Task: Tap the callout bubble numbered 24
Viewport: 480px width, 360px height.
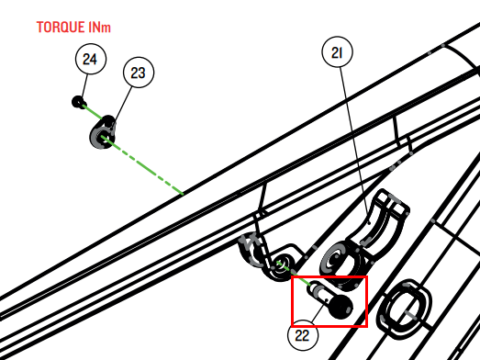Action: [91, 59]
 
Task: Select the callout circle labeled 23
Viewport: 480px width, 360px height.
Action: [139, 73]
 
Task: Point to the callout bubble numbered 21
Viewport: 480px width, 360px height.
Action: [338, 52]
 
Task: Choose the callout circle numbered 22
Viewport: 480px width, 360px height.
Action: [303, 335]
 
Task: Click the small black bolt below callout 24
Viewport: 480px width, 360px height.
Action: [78, 102]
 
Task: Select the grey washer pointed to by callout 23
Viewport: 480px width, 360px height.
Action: [103, 132]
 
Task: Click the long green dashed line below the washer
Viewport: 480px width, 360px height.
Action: [144, 166]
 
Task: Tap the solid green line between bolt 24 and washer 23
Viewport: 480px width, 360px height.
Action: [93, 112]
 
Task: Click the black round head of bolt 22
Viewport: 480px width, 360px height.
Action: [341, 307]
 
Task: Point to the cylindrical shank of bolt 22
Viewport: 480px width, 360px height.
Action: [320, 292]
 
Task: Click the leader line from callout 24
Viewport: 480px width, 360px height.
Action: [84, 86]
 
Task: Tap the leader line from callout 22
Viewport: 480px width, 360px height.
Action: [319, 310]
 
